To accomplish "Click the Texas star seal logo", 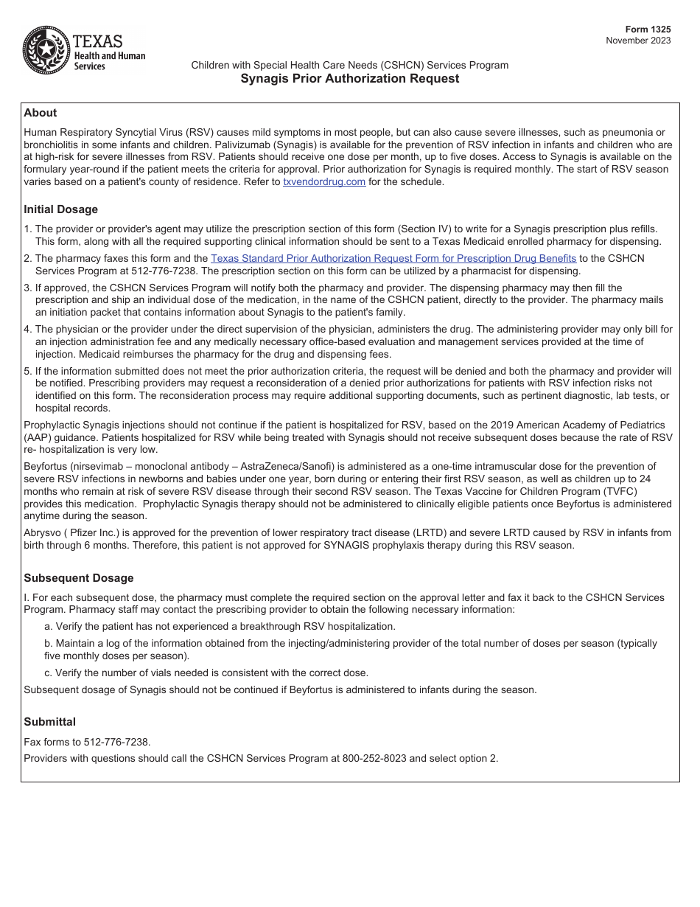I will pyautogui.click(x=46, y=50).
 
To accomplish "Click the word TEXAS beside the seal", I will pyautogui.click(x=98, y=41).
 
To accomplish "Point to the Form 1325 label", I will pyautogui.click(x=650, y=29).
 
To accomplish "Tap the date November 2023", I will pyautogui.click(x=638, y=41).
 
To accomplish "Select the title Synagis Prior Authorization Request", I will pyautogui.click(x=350, y=79).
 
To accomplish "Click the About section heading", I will pyautogui.click(x=40, y=113).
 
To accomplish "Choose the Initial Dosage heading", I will pyautogui.click(x=60, y=209).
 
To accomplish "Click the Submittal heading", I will pyautogui.click(x=49, y=722).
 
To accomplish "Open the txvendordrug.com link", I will pyautogui.click(x=324, y=182).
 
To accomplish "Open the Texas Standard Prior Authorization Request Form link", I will pyautogui.click(x=393, y=258).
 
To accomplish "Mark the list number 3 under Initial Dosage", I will pyautogui.click(x=27, y=288).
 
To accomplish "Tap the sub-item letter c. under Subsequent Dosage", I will pyautogui.click(x=48, y=673).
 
